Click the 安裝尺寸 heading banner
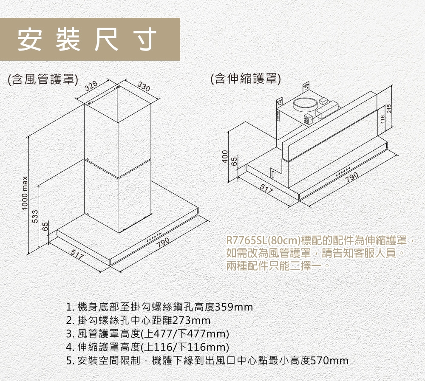tap(90, 40)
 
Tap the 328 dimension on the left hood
tap(91, 86)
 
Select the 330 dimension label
tap(144, 87)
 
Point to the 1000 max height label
tap(25, 193)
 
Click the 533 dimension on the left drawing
tap(35, 217)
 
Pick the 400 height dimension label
tap(225, 157)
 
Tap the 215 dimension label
tap(389, 109)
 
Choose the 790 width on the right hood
tap(352, 177)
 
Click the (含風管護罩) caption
tap(43, 79)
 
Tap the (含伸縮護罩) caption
tap(246, 78)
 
